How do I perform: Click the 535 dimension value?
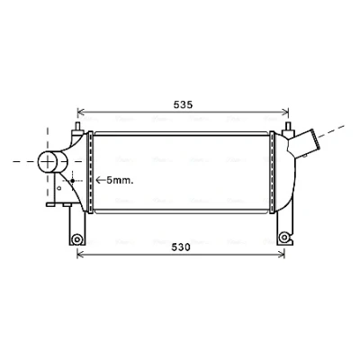pyautogui.click(x=183, y=104)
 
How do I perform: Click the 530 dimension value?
pyautogui.click(x=181, y=247)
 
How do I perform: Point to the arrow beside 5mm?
pyautogui.click(x=101, y=180)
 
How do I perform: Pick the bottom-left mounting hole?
pyautogui.click(x=77, y=239)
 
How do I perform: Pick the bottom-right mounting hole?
pyautogui.click(x=283, y=238)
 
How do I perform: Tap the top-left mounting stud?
pyautogui.click(x=77, y=128)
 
